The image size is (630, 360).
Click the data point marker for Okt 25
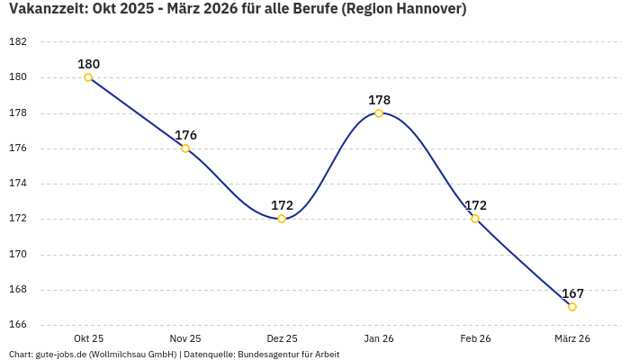88,77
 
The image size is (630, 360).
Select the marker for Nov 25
185,148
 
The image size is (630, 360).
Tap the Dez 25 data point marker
282,219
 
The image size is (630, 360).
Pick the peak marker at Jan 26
379,113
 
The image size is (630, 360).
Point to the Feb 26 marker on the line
475,219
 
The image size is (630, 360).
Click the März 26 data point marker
572,307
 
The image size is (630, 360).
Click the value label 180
88,64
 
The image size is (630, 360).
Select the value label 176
185,135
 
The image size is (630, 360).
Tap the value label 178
379,100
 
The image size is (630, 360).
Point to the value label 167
572,293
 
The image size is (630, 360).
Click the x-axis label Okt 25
88,338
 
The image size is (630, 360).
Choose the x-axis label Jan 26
379,338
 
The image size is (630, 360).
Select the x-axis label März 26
572,338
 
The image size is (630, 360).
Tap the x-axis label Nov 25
185,338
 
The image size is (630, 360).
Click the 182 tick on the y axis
18,42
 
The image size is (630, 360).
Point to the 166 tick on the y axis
18,325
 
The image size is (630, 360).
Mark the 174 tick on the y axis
18,184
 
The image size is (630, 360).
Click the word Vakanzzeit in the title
43,10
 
